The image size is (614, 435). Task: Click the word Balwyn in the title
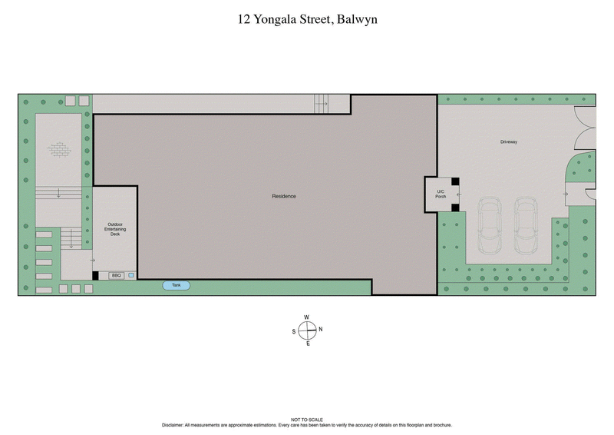tap(358, 19)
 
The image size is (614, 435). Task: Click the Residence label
tap(283, 196)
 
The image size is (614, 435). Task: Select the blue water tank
tap(176, 285)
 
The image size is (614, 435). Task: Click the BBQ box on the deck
tap(117, 275)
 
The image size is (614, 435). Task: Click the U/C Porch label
tap(441, 194)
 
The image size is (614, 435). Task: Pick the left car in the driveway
tap(489, 225)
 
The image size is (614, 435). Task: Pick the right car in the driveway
tap(527, 225)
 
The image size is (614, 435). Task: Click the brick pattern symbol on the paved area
tap(59, 150)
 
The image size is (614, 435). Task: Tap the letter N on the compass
tap(320, 330)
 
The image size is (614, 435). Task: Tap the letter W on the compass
tap(307, 317)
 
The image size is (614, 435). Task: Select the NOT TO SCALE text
tap(306, 420)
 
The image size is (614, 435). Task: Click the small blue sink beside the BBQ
tap(131, 275)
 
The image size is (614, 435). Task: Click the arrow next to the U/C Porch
tap(458, 194)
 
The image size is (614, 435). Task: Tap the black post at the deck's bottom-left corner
tap(95, 275)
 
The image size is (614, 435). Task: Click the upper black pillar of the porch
tap(454, 182)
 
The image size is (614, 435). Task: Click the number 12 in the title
tap(244, 19)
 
